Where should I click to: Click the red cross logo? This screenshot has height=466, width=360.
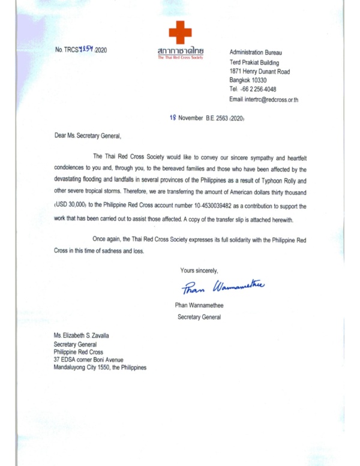[179, 33]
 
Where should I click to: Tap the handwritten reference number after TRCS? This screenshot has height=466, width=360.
[86, 49]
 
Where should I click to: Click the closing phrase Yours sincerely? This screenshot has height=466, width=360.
[199, 270]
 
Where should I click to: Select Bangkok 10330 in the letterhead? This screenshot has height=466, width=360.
[248, 80]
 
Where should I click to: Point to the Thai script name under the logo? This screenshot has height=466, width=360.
[179, 53]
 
